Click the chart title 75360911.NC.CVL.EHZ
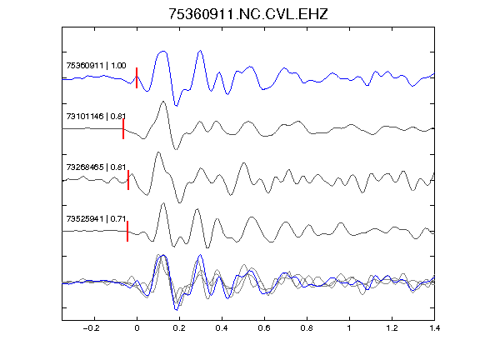[248, 14]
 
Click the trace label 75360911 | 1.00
[96, 66]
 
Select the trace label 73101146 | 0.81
[96, 117]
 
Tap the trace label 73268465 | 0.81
[96, 167]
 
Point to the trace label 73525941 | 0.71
[96, 219]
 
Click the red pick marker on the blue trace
[137, 77]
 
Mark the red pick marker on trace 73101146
[123, 129]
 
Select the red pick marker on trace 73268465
[128, 180]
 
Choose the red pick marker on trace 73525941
[127, 231]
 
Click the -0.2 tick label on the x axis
[92, 328]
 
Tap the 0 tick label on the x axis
[137, 328]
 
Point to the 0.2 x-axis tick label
[179, 328]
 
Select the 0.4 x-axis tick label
[222, 328]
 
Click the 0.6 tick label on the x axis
[264, 328]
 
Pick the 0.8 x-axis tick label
[307, 328]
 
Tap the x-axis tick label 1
[349, 328]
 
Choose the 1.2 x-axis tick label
[392, 328]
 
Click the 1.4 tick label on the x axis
[434, 328]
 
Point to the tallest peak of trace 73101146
[163, 102]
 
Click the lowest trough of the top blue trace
[176, 106]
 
